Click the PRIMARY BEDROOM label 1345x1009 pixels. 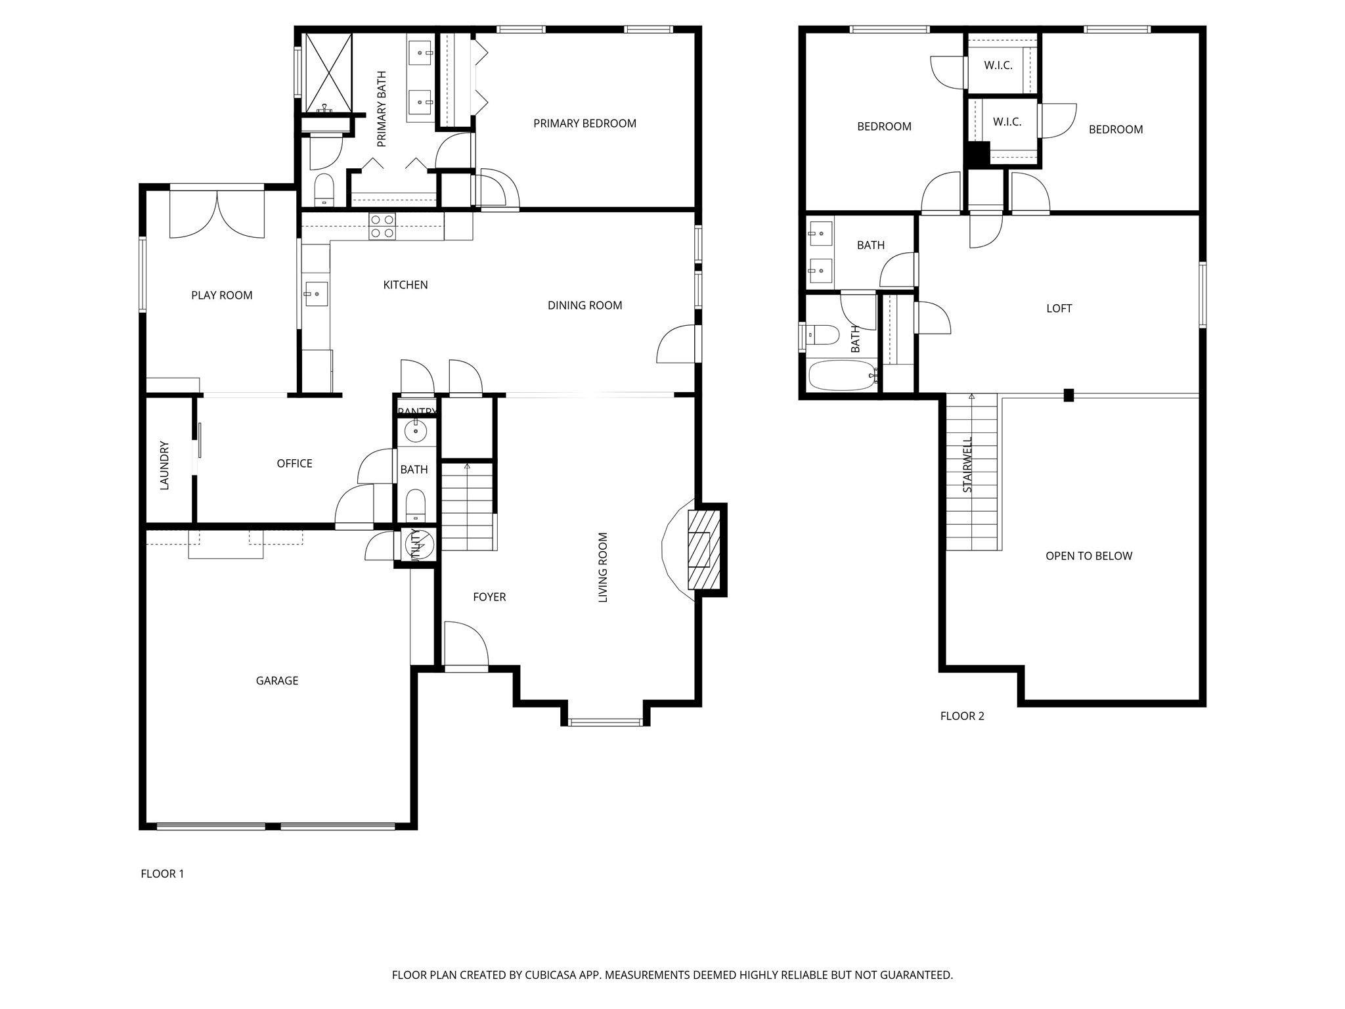point(584,123)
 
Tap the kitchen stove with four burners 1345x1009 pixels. point(382,227)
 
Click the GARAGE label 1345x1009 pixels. point(277,681)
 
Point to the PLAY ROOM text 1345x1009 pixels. point(222,296)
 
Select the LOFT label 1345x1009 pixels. point(1059,308)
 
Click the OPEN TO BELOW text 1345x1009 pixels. point(1089,556)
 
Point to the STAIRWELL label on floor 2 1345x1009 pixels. point(967,464)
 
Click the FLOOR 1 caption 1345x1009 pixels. point(162,874)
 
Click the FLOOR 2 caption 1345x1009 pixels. point(962,716)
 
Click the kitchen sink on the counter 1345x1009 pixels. point(316,294)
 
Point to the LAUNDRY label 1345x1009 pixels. point(165,465)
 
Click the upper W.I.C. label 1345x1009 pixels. point(998,66)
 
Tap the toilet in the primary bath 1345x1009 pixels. point(324,189)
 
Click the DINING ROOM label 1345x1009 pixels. point(584,305)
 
